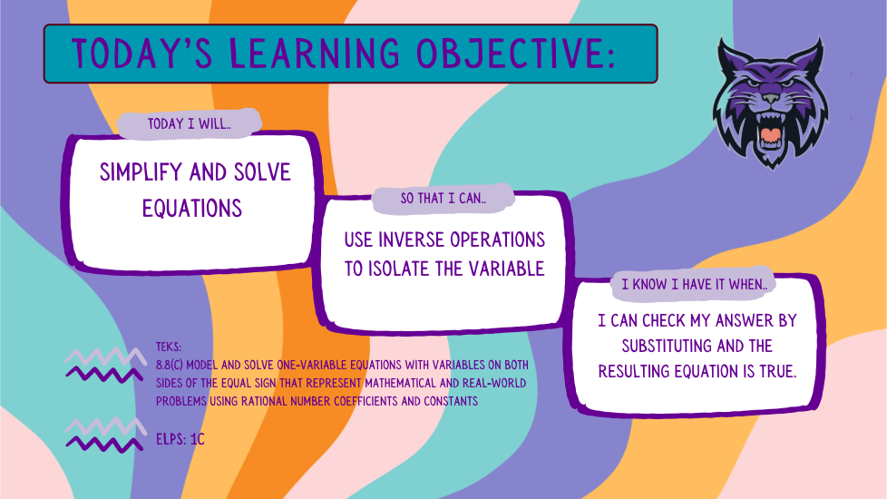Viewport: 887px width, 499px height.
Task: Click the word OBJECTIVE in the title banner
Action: point(515,54)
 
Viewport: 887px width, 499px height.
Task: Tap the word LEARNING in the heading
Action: point(315,54)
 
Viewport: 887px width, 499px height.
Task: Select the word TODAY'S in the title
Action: point(142,54)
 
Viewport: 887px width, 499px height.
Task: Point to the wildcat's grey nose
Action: point(770,99)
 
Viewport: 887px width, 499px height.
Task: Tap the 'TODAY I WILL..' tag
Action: point(190,124)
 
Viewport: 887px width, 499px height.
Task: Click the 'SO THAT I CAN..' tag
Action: point(443,199)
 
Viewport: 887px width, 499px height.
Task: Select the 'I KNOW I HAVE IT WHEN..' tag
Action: point(694,284)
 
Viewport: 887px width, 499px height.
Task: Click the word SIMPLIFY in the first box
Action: point(141,172)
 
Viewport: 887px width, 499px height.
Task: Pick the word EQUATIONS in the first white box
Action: point(192,208)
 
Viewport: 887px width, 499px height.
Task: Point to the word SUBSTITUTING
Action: point(667,346)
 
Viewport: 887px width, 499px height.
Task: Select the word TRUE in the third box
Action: point(778,371)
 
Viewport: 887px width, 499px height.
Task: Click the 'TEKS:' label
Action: point(169,347)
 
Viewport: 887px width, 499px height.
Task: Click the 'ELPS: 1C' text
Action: point(180,439)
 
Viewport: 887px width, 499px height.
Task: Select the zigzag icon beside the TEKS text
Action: point(104,366)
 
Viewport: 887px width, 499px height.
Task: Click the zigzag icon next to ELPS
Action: point(104,435)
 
